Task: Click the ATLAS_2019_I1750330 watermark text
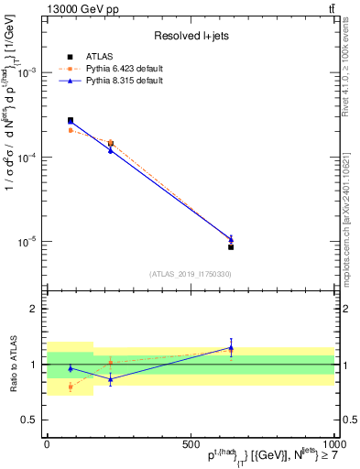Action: tap(191, 274)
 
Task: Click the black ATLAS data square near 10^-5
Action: tap(231, 247)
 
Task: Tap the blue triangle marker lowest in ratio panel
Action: tap(111, 379)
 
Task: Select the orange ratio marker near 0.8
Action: tap(71, 387)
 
